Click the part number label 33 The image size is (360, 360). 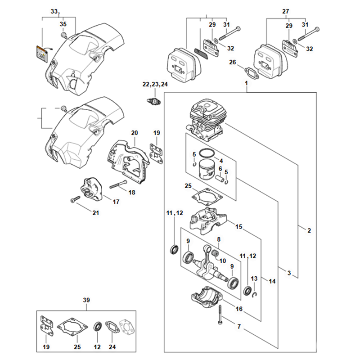(54, 10)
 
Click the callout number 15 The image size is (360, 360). (239, 227)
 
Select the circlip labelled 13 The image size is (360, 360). (254, 294)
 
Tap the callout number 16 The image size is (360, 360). (239, 309)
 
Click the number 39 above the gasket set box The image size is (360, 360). (86, 300)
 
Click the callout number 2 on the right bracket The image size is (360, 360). (309, 231)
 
